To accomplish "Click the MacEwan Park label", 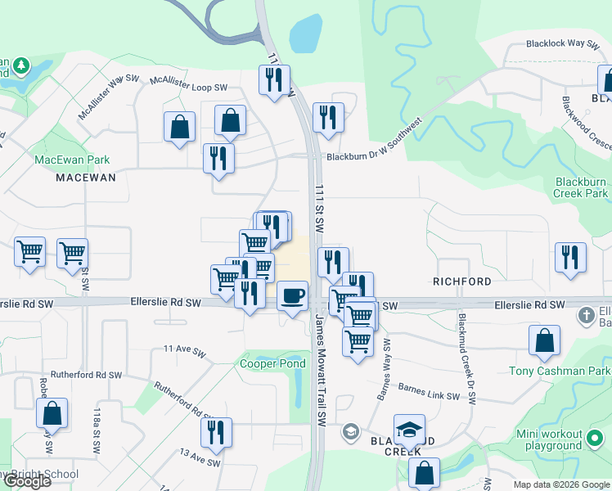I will coord(72,160).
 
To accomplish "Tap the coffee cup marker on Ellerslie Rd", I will coord(292,295).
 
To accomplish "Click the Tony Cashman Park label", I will coord(559,371).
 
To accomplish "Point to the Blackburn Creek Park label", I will coord(582,187).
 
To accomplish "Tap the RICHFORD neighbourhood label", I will coord(462,282).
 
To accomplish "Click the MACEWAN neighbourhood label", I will coord(86,177).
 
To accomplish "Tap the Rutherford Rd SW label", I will coord(86,375).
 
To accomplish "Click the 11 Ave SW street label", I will coord(183,349).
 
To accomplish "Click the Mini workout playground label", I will coord(560,439).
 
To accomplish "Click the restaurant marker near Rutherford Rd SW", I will coord(216,433).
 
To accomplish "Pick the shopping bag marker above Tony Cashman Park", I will coord(544,340).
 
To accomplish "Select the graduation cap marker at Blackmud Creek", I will coord(409,429).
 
